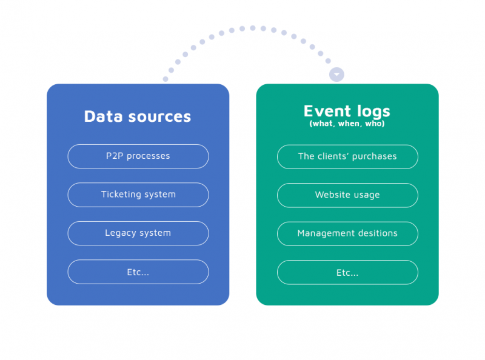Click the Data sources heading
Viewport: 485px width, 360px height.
(x=138, y=116)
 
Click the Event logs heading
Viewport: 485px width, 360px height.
(x=347, y=111)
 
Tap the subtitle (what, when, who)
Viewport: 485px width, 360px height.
(x=347, y=124)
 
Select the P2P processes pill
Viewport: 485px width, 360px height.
(x=138, y=156)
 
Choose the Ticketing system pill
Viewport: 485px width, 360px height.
(x=138, y=195)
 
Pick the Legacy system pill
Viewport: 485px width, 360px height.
(x=138, y=233)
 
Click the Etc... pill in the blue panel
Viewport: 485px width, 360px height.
(x=138, y=272)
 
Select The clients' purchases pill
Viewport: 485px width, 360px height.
(x=347, y=156)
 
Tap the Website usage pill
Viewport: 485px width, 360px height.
(x=347, y=195)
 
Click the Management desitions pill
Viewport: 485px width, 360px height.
(x=347, y=233)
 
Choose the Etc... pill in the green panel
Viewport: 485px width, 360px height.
(x=347, y=272)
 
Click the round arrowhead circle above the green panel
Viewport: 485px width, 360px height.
(x=336, y=75)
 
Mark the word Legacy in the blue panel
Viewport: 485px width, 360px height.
(x=120, y=233)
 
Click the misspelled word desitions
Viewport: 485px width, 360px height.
(x=377, y=233)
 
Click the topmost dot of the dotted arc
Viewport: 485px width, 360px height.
(x=253, y=28)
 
